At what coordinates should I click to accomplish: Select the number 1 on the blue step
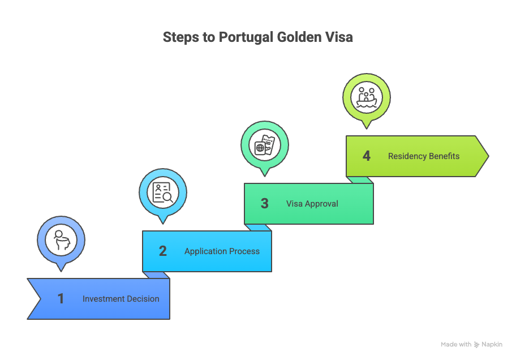[x=61, y=299]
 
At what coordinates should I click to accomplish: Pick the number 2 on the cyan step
[x=163, y=251]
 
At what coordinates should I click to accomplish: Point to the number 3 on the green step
[x=264, y=204]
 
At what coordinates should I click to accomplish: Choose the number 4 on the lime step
[x=367, y=156]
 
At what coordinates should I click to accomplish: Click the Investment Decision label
[x=121, y=299]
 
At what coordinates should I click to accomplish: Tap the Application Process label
[x=222, y=251]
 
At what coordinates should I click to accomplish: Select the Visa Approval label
[x=312, y=204]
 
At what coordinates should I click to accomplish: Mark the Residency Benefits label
[x=424, y=156]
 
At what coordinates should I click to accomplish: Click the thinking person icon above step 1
[x=61, y=240]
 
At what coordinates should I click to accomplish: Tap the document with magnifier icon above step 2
[x=163, y=192]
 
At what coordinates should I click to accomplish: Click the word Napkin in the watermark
[x=492, y=344]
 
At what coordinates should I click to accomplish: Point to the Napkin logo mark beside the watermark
[x=477, y=344]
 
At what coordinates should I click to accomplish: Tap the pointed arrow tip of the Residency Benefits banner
[x=484, y=156]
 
